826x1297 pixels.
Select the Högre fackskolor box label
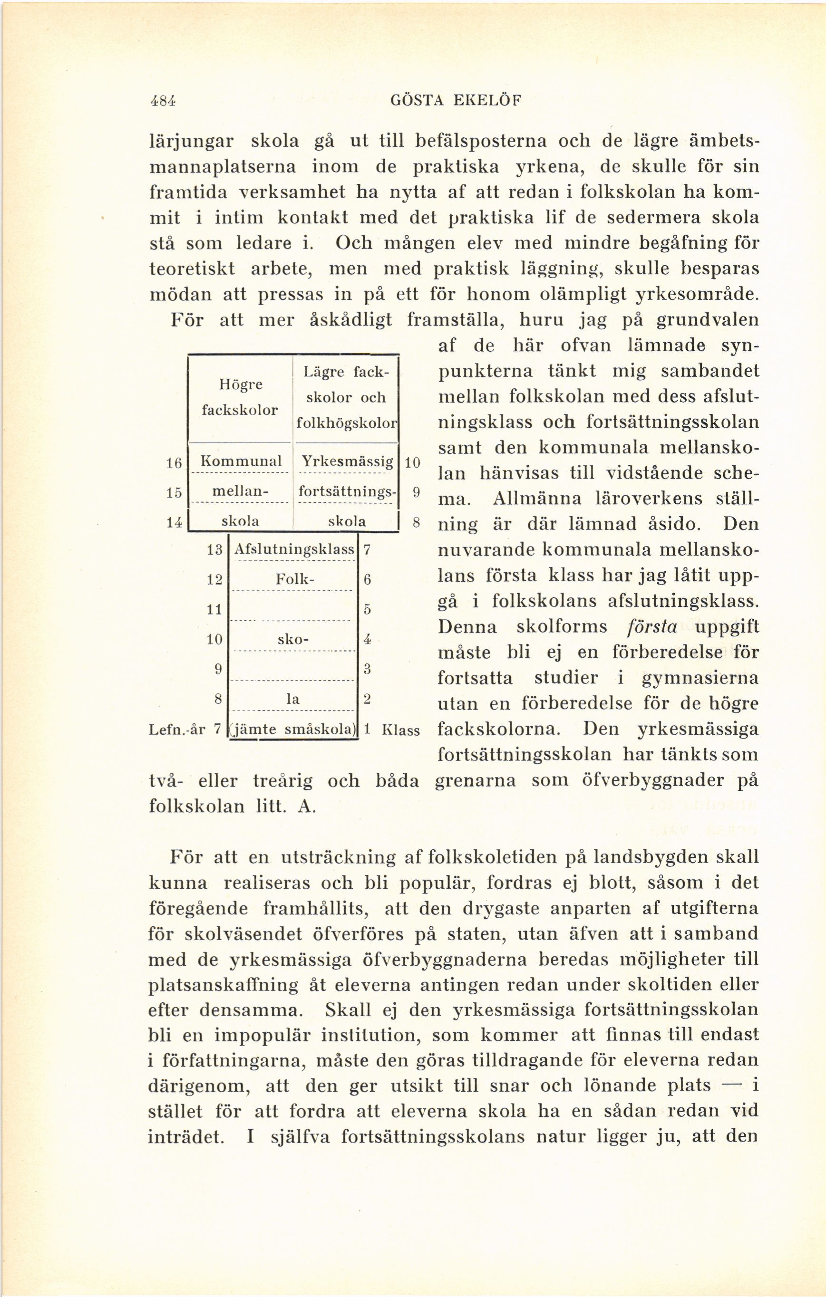240,397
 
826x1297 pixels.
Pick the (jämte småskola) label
294,729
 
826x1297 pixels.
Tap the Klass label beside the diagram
400,730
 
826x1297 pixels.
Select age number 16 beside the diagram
173,463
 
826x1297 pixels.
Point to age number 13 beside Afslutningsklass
215,550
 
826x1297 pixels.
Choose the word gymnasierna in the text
700,678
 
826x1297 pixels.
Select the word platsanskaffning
223,985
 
